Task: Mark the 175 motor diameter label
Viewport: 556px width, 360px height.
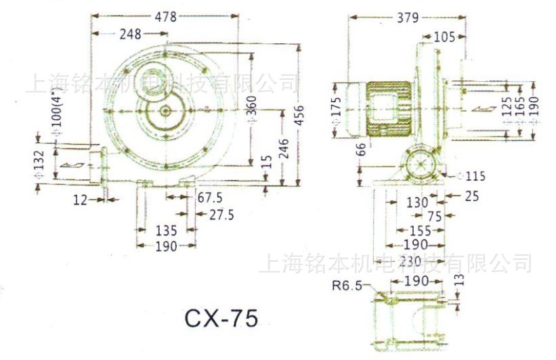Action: [337, 111]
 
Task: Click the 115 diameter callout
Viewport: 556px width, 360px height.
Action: [475, 177]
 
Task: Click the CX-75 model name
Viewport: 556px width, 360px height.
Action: [221, 318]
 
